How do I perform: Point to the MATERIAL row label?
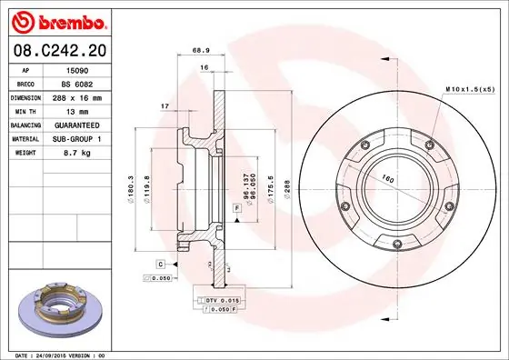click(25, 138)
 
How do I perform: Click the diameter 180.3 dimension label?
click(133, 187)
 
